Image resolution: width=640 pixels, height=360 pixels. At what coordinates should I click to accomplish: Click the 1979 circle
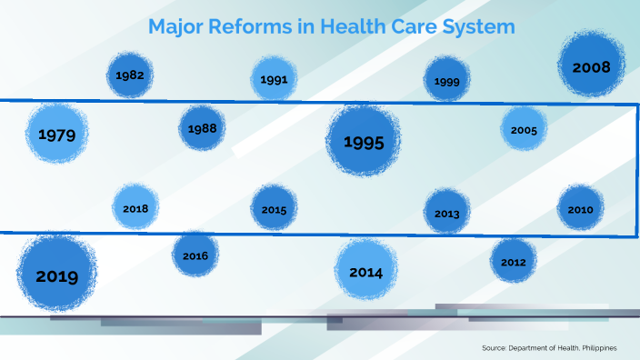[x=57, y=135]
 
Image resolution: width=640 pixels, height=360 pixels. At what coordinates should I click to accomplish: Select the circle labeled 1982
[x=131, y=75]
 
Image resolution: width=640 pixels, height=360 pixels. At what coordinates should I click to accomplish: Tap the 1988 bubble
[x=202, y=128]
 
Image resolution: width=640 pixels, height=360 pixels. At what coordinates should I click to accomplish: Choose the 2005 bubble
[x=524, y=130]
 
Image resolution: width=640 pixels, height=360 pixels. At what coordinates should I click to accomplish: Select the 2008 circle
[x=591, y=66]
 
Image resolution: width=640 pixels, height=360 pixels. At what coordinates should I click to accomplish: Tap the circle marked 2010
[x=580, y=209]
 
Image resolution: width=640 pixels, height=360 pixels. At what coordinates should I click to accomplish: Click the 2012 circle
[x=513, y=262]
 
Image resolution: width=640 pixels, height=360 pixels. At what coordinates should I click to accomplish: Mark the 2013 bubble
[x=446, y=214]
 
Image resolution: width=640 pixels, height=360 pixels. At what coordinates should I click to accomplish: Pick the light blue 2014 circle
[x=365, y=272]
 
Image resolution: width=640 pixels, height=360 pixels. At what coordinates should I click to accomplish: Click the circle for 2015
[x=274, y=209]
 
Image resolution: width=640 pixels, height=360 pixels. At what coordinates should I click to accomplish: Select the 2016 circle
[x=195, y=255]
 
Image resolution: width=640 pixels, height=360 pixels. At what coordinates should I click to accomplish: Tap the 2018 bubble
[x=135, y=208]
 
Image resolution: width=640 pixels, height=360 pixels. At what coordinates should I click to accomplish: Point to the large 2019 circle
[x=57, y=275]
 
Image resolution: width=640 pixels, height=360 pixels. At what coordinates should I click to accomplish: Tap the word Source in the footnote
[x=495, y=348]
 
